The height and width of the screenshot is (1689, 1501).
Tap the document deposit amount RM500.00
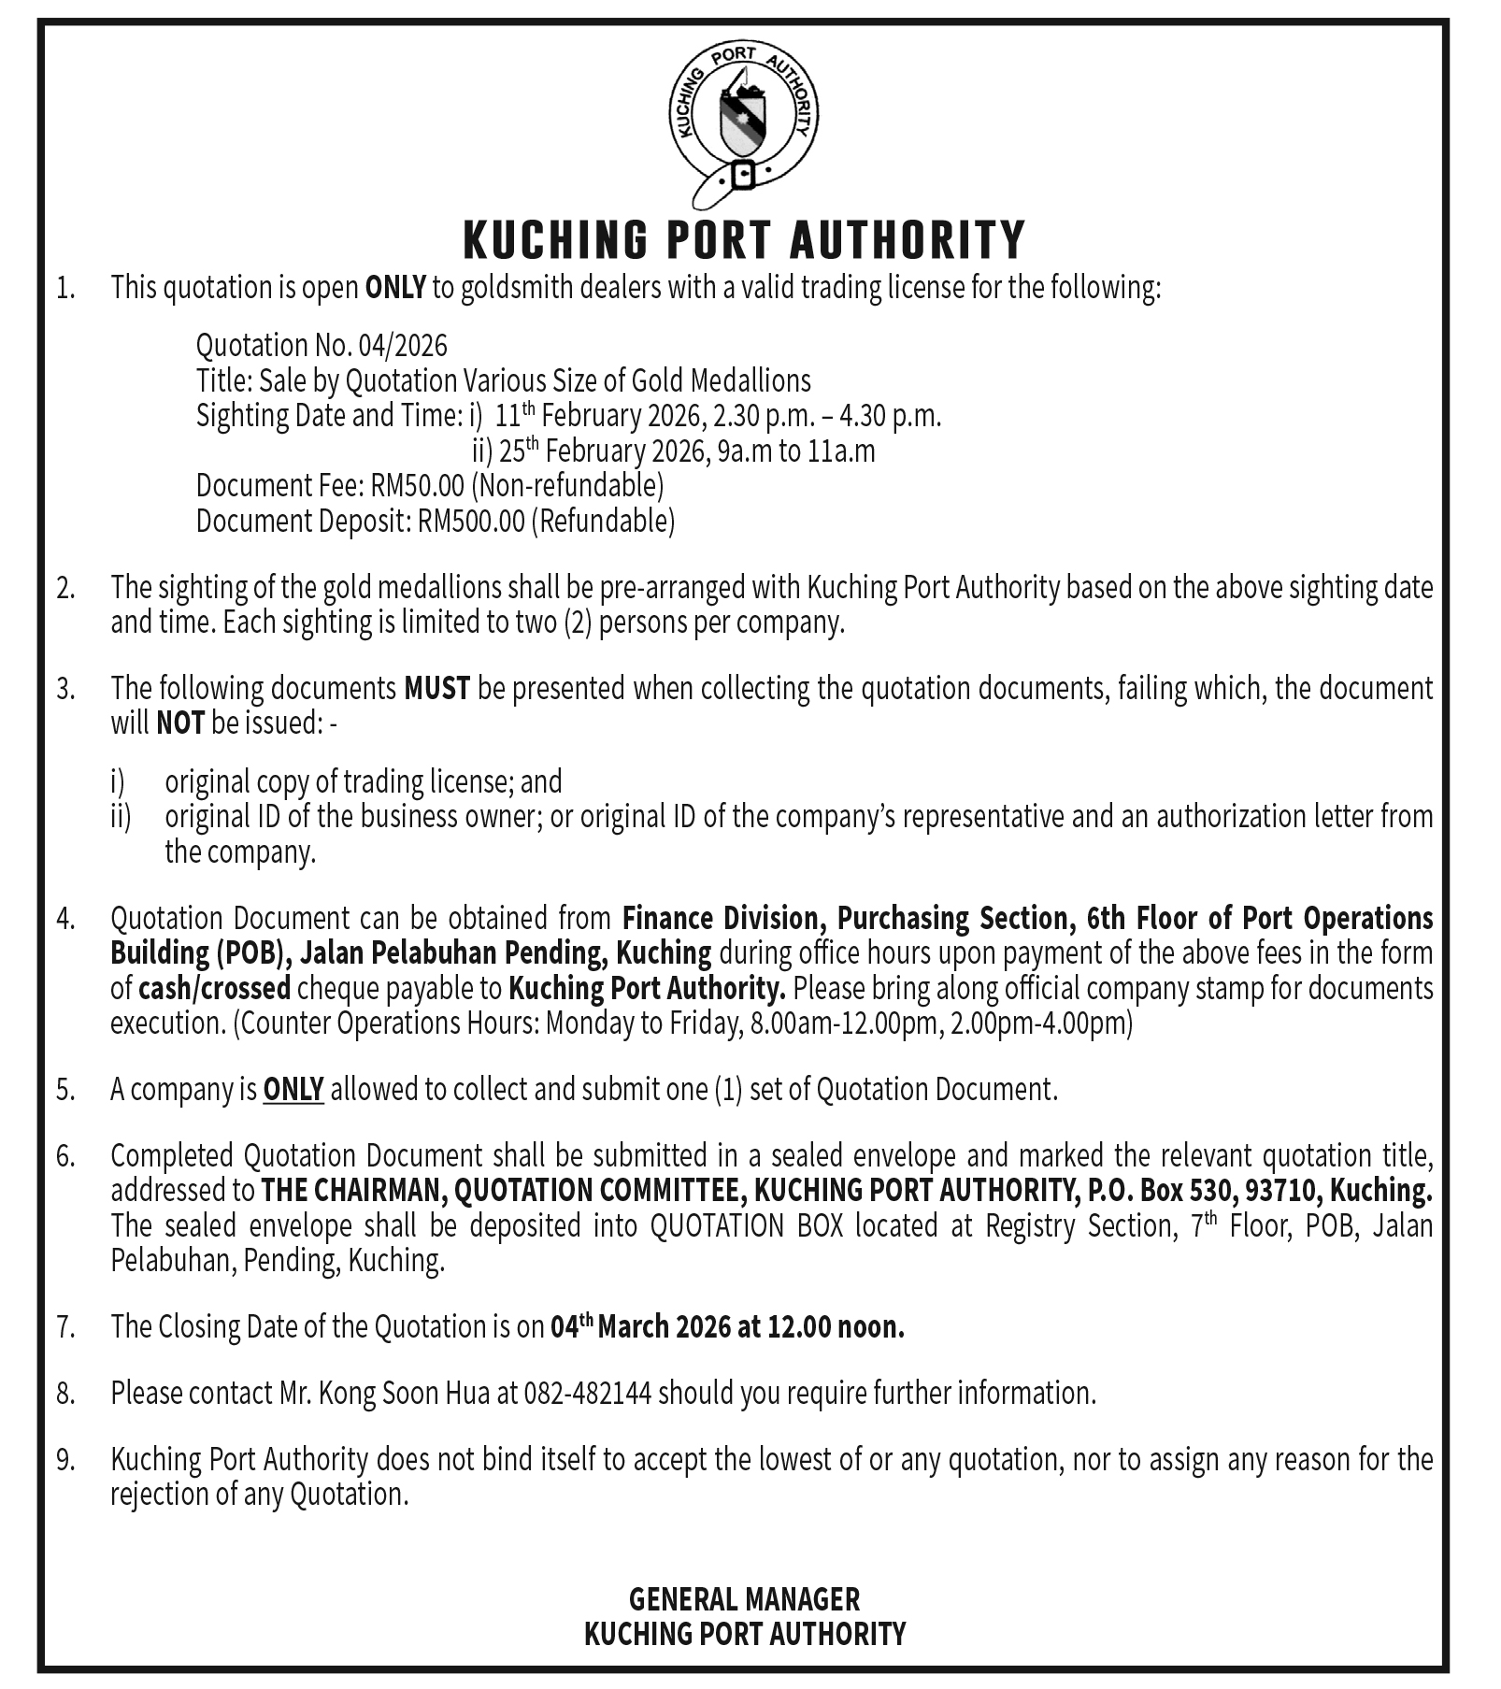(x=471, y=521)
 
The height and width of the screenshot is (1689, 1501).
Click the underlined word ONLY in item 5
(x=293, y=1089)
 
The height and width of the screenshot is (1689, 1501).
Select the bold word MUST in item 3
(x=436, y=689)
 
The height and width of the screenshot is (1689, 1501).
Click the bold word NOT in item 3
(x=179, y=723)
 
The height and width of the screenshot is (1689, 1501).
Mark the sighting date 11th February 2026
(x=598, y=416)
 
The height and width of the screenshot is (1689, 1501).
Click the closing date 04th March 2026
(x=640, y=1326)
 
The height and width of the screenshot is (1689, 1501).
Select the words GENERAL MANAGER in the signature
(x=744, y=1599)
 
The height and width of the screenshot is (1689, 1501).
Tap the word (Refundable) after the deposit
(x=603, y=521)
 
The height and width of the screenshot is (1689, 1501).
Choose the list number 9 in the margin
(x=64, y=1460)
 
